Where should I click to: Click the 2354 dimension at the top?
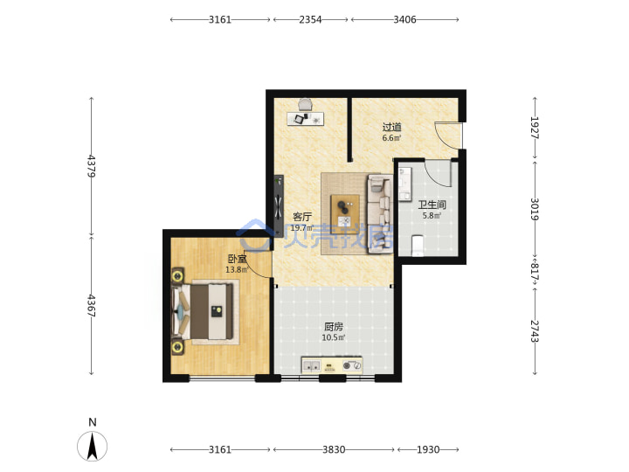click(x=310, y=19)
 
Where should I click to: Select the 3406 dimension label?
click(x=404, y=19)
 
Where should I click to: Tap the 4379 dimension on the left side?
click(x=92, y=166)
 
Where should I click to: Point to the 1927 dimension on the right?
click(x=535, y=128)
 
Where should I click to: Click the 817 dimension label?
click(x=535, y=272)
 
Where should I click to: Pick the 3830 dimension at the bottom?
click(x=334, y=449)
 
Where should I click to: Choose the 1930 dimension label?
click(x=428, y=449)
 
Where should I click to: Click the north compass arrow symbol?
click(x=93, y=446)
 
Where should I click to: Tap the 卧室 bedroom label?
click(x=237, y=259)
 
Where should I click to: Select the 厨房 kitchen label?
click(x=334, y=327)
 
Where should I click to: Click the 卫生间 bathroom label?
click(x=432, y=205)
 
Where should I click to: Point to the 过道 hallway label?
click(x=392, y=128)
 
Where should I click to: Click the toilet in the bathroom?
click(x=418, y=246)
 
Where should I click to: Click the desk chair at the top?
click(x=306, y=104)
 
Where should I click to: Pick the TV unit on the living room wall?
click(x=279, y=206)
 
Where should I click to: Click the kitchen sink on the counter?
click(x=311, y=365)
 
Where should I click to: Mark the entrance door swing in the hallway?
click(x=448, y=135)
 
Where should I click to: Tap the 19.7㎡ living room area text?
click(x=301, y=227)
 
